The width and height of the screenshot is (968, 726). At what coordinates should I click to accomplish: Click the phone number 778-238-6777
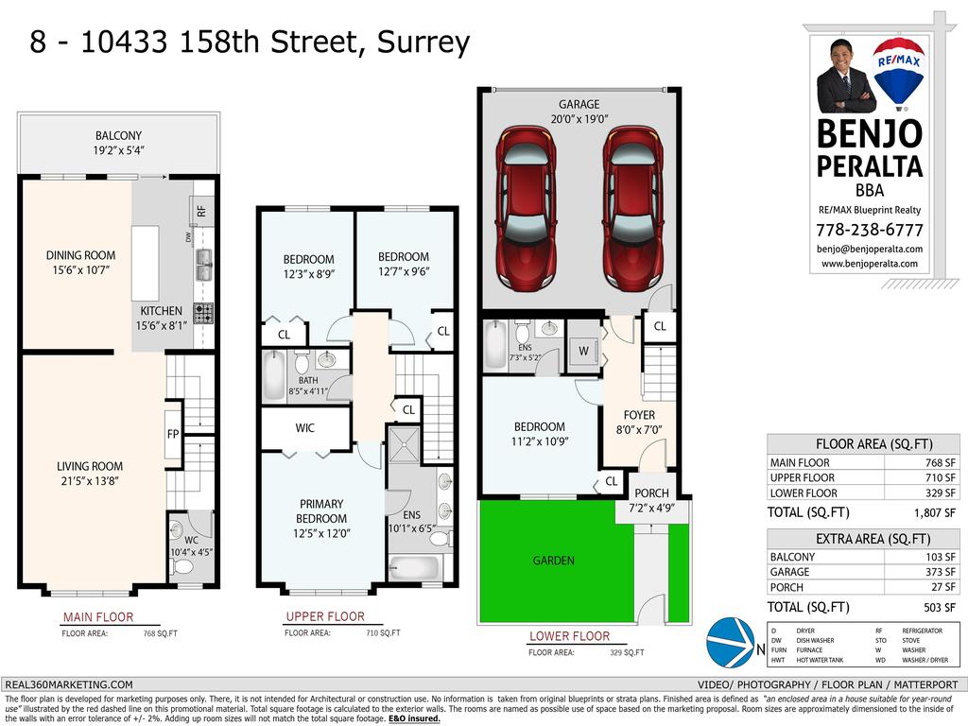[x=870, y=230]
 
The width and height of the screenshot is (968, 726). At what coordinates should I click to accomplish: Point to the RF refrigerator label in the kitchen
[x=200, y=210]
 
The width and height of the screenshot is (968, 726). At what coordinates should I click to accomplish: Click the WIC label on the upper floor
[x=304, y=428]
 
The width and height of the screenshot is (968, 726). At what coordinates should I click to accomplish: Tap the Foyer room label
[x=639, y=415]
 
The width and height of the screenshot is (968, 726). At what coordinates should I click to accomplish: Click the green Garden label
[x=553, y=561]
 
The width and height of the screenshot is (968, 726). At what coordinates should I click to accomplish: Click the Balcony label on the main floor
[x=118, y=135]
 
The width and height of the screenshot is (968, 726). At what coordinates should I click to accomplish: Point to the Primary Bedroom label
[x=321, y=510]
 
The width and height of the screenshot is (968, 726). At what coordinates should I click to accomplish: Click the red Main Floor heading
[x=96, y=618]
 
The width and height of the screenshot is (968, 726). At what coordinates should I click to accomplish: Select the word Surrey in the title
[x=423, y=43]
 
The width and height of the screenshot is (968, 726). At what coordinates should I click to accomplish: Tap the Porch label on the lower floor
[x=651, y=493]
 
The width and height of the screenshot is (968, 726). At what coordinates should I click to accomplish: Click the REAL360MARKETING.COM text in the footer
[x=69, y=684]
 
